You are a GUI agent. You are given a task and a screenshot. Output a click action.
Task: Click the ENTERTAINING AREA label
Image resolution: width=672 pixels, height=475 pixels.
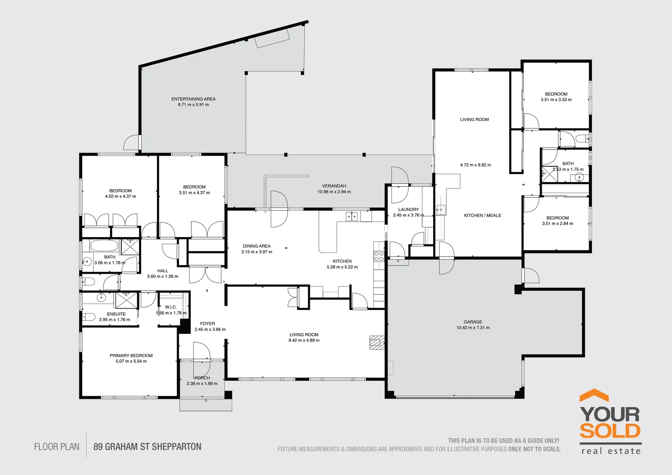coord(194,99)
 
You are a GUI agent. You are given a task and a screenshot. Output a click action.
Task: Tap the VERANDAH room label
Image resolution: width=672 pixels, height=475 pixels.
coord(334,186)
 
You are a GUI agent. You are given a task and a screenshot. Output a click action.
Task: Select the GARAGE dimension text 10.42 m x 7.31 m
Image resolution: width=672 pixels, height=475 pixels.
coord(473,328)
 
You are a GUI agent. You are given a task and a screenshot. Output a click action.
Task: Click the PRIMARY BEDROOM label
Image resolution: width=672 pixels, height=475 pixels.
coord(131,355)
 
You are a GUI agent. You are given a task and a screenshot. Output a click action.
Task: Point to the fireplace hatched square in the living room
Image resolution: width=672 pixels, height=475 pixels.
coord(377,342)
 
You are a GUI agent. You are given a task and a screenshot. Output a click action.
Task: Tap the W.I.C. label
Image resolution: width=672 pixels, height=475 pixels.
coord(171,307)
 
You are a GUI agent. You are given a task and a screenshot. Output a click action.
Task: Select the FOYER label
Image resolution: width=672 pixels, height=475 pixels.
coord(208,323)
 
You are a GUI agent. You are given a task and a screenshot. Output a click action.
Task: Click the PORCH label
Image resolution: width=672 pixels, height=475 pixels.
coord(202,378)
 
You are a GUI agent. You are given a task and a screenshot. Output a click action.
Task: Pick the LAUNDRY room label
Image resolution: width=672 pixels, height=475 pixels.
coord(409,209)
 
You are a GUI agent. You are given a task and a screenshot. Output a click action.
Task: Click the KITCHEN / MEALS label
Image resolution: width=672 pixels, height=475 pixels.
coord(482,216)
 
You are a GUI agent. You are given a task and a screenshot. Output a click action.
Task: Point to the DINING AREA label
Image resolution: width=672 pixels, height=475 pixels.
coord(257,246)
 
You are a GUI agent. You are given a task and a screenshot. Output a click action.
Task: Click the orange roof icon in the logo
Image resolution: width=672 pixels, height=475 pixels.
coord(594,395)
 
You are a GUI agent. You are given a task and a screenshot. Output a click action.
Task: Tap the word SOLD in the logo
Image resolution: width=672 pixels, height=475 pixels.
coord(610,431)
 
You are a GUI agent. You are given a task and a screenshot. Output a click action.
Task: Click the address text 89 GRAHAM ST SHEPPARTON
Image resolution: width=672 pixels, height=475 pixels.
coord(147,447)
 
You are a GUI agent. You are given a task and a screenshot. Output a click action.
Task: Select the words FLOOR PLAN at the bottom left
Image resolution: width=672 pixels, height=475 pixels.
coord(57,447)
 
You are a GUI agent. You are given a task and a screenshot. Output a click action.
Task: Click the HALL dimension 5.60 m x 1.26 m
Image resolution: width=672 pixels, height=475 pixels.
coord(163,276)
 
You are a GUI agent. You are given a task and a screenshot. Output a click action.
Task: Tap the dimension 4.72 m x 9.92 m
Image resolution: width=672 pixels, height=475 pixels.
coord(476,165)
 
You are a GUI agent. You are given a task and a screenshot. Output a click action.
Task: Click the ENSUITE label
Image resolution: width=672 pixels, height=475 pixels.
coord(116,314)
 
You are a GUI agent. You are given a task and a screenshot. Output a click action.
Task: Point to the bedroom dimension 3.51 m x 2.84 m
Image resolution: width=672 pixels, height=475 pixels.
coord(557,223)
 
